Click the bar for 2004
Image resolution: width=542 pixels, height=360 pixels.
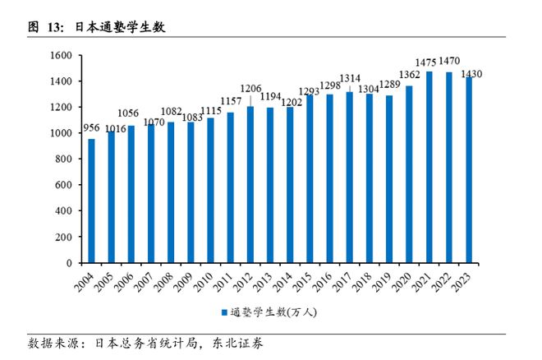[92, 201]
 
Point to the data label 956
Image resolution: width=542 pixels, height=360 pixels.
[91, 129]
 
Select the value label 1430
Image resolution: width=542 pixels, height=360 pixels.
[471, 75]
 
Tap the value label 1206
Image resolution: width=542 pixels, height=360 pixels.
[250, 88]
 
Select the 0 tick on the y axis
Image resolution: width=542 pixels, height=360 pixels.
[71, 264]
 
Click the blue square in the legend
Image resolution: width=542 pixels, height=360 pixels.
[223, 312]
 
